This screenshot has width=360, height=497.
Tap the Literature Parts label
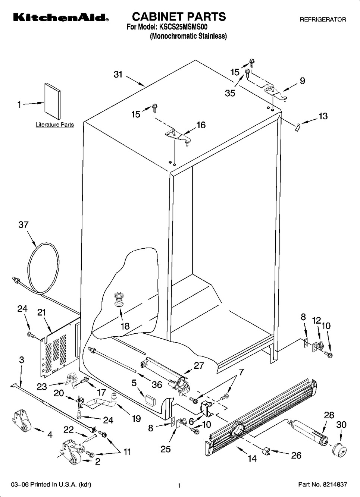pyautogui.click(x=54, y=125)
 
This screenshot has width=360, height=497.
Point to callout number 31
pyautogui.click(x=118, y=75)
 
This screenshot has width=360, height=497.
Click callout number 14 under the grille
pyautogui.click(x=252, y=458)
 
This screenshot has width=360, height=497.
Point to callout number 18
pyautogui.click(x=125, y=326)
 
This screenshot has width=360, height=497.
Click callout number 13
pyautogui.click(x=323, y=116)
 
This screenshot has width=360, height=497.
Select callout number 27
pyautogui.click(x=199, y=365)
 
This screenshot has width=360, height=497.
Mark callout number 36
pyautogui.click(x=157, y=384)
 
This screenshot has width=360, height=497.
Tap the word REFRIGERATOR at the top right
pyautogui.click(x=323, y=19)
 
